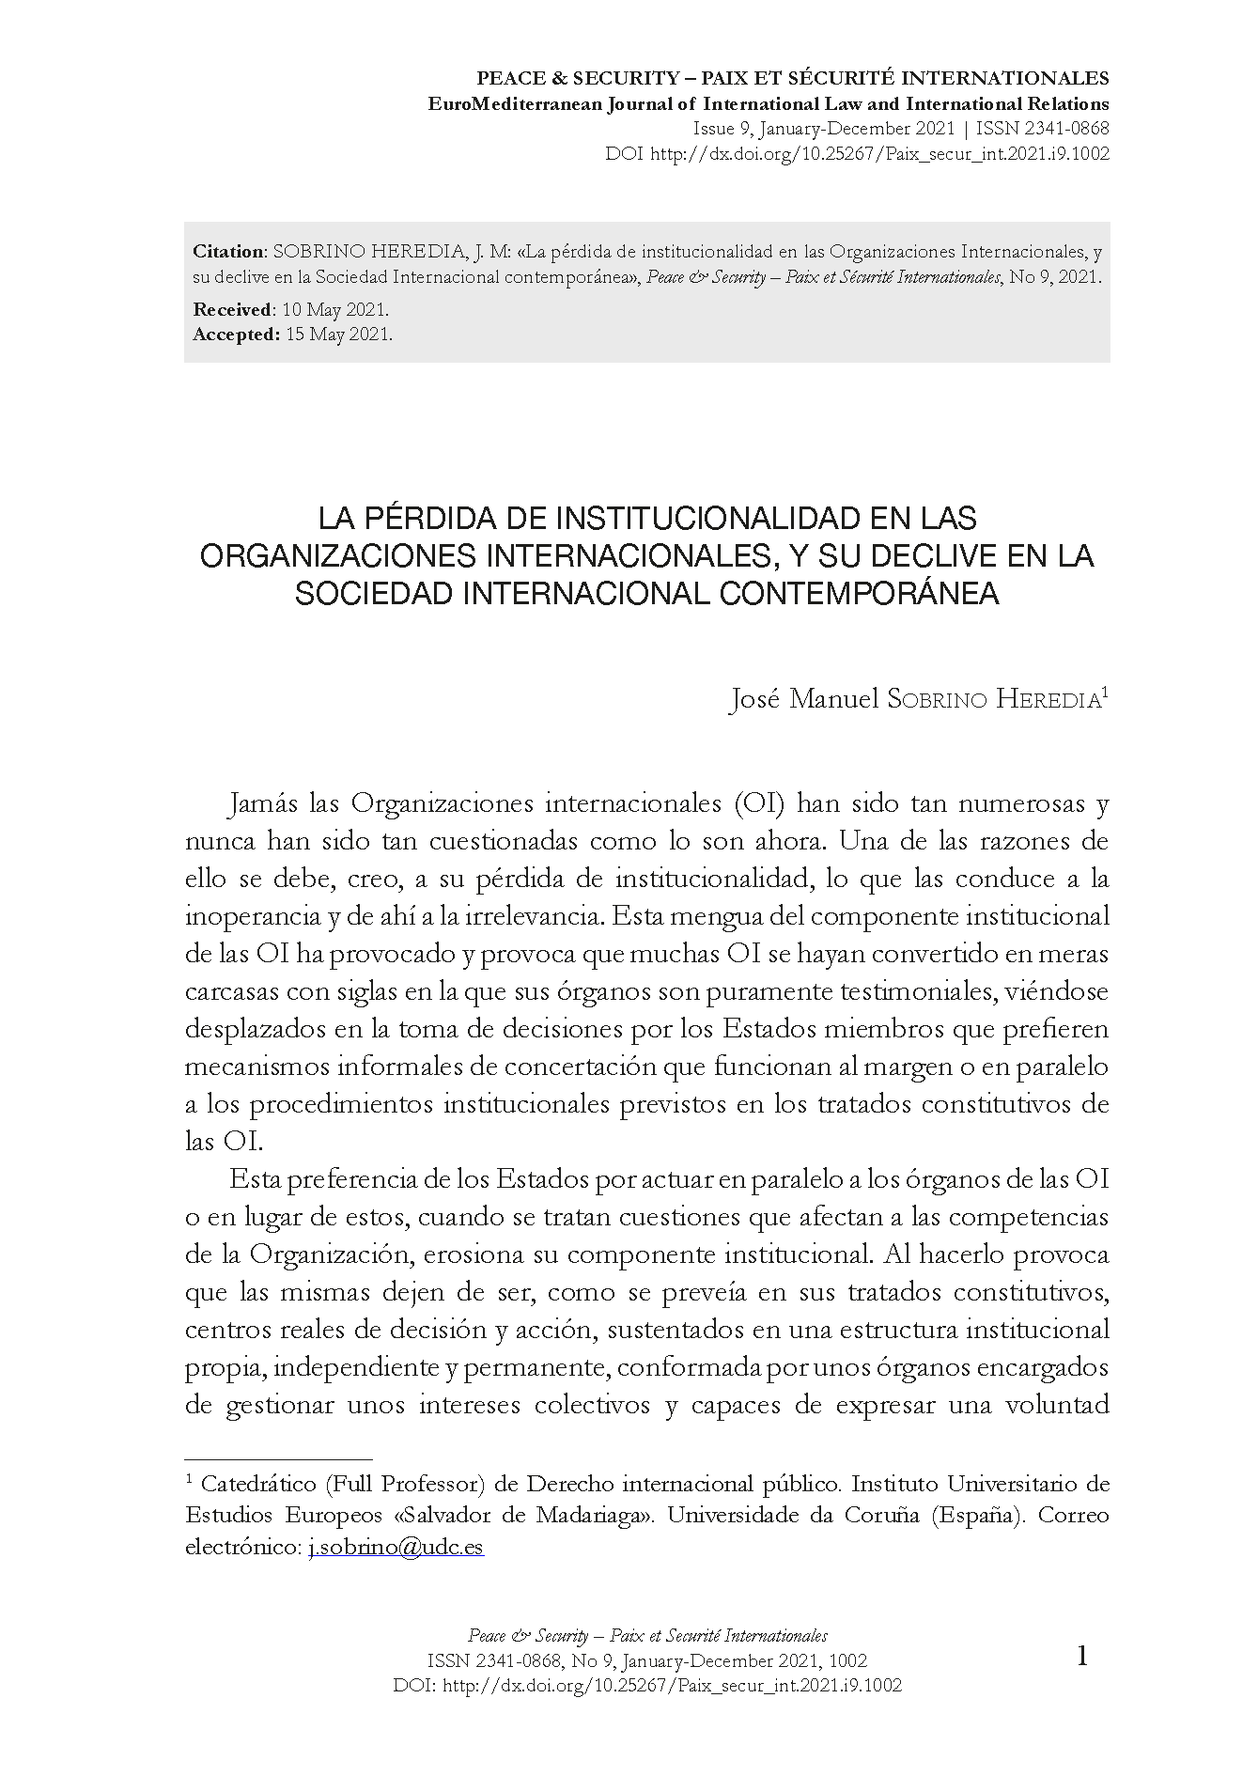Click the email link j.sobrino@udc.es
point(396,1547)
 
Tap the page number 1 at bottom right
point(1081,1656)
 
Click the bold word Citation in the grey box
point(229,252)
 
